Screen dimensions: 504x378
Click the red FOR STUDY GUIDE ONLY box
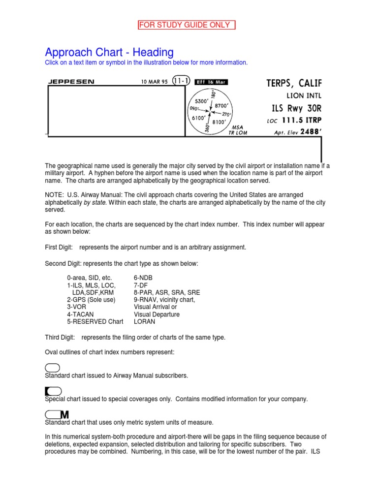tap(186, 25)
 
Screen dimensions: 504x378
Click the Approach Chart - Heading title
tap(109, 52)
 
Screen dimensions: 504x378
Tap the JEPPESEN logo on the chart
tap(71, 82)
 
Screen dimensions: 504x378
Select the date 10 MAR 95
tap(154, 82)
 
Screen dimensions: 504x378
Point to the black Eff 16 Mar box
tap(211, 82)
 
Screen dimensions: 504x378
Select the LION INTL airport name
tap(304, 95)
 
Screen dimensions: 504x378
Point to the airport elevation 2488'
tap(309, 132)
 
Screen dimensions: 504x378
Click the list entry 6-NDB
tap(143, 278)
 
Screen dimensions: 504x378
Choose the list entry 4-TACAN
tap(80, 315)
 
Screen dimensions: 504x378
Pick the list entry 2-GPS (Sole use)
tap(91, 300)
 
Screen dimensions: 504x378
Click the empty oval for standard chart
tap(53, 368)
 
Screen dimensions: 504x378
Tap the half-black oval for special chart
tap(53, 391)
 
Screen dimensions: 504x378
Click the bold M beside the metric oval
tap(64, 415)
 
